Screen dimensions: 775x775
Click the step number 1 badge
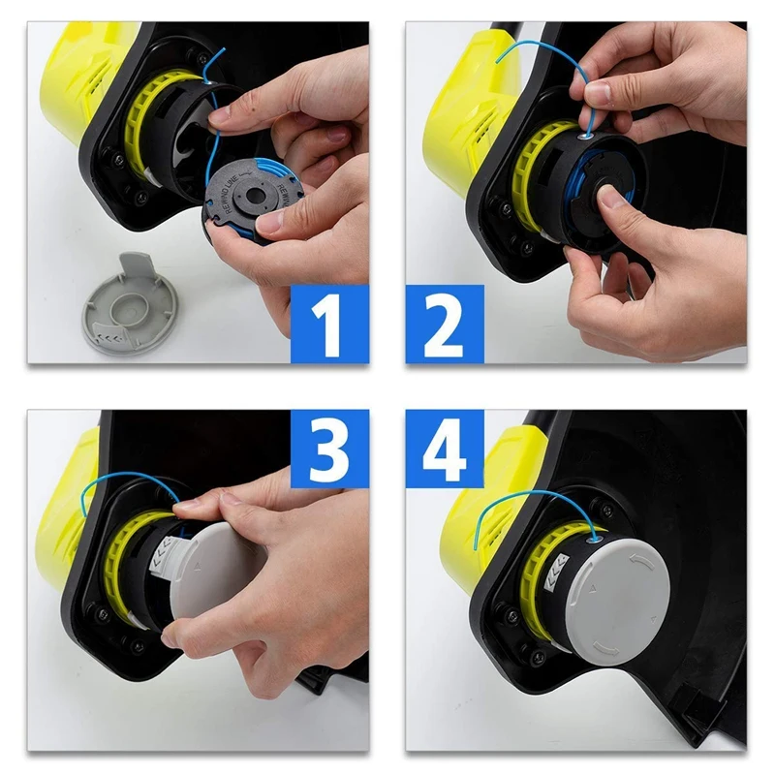coord(329,323)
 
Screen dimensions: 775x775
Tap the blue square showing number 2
coord(445,323)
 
